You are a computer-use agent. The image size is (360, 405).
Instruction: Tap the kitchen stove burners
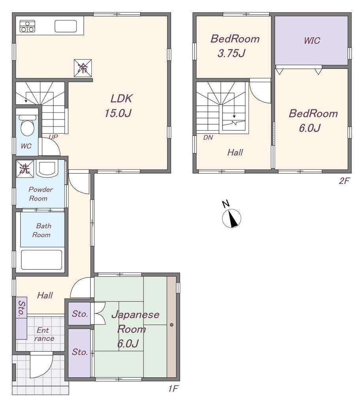(27, 26)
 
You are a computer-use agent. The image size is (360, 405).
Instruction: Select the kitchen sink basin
(66, 26)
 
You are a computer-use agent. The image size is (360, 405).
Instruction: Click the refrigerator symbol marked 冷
(83, 68)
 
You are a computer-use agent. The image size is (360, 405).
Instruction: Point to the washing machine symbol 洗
(25, 169)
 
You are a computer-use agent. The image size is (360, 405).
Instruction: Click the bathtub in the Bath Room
(41, 259)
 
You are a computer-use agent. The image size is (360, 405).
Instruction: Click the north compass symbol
(232, 218)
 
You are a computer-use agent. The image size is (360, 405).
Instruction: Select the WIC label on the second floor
(312, 41)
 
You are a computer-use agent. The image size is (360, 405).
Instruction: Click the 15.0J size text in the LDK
(118, 113)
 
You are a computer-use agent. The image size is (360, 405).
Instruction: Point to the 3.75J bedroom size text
(231, 53)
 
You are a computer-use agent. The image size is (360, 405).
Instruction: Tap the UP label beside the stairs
(53, 137)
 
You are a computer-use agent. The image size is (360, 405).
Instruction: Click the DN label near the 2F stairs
(208, 137)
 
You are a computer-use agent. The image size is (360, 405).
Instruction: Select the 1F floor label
(173, 388)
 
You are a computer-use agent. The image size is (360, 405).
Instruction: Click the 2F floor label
(344, 180)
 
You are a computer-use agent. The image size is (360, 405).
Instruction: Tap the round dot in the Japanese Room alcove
(172, 325)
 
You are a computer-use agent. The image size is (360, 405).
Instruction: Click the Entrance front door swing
(41, 366)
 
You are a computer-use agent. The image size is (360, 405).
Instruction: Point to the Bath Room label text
(41, 231)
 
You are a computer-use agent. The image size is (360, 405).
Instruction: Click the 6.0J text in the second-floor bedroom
(310, 128)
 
